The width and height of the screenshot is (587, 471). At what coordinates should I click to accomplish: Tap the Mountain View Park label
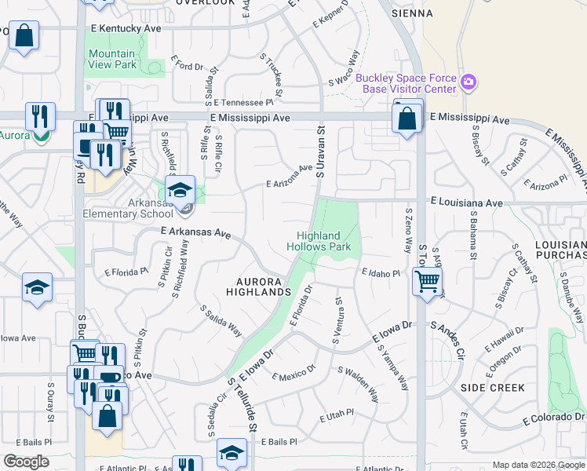coord(111,59)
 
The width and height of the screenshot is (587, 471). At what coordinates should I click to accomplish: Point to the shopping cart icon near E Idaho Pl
coord(427,280)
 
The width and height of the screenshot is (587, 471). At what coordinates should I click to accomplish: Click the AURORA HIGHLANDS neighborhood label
coord(260,287)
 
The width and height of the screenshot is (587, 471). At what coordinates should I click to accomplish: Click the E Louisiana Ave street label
coord(466,202)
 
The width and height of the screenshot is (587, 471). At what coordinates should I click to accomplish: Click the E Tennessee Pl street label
coord(242,102)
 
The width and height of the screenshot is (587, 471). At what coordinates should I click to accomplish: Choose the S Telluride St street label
coord(242,403)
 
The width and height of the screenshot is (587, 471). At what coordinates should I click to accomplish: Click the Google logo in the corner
coord(26,462)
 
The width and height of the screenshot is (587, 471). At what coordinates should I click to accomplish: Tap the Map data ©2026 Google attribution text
coord(538,465)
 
